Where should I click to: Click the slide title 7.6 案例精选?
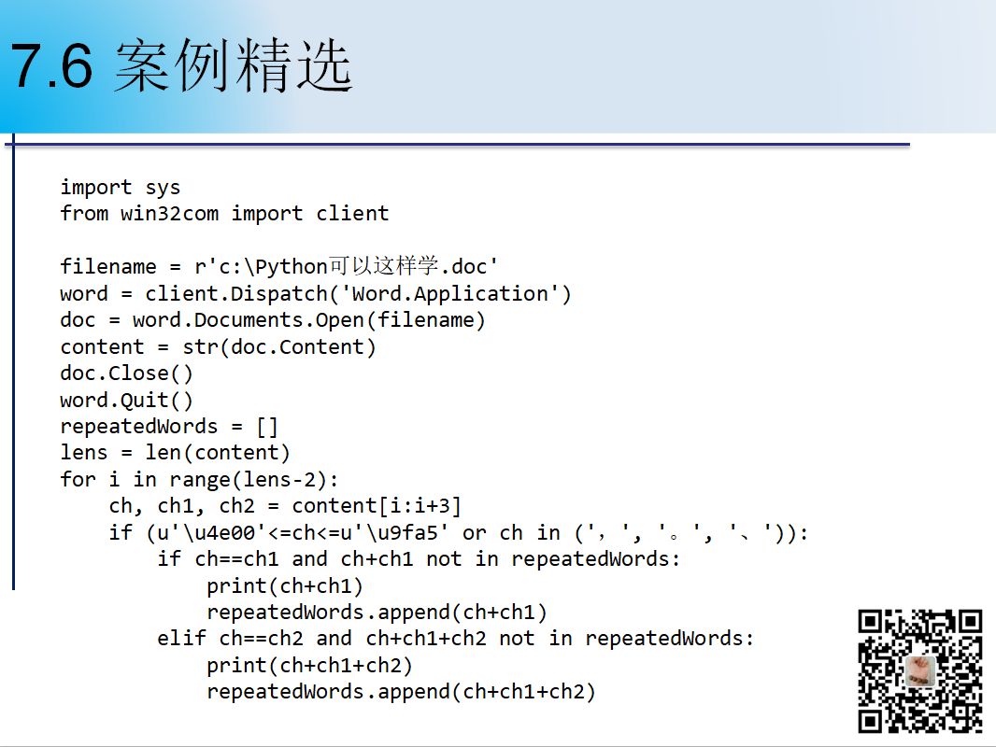[x=181, y=64]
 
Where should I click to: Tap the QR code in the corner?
[x=919, y=670]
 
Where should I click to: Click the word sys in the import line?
[x=163, y=188]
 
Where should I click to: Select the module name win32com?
[x=169, y=214]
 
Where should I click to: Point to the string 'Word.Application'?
[x=450, y=294]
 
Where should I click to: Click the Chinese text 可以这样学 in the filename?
[x=383, y=265]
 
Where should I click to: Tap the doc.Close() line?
[x=126, y=373]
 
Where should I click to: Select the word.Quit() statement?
[x=126, y=400]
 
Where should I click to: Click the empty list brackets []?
[x=267, y=427]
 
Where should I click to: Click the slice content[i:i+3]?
[x=376, y=506]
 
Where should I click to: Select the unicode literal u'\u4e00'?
[x=206, y=532]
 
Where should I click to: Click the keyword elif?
[x=181, y=638]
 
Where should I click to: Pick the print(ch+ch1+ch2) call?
[x=309, y=665]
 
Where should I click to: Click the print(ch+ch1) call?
[x=285, y=585]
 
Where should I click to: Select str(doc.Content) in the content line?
[x=278, y=347]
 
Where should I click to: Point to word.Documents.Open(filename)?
[x=308, y=320]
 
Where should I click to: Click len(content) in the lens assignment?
[x=218, y=453]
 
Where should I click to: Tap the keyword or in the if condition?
[x=474, y=533]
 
